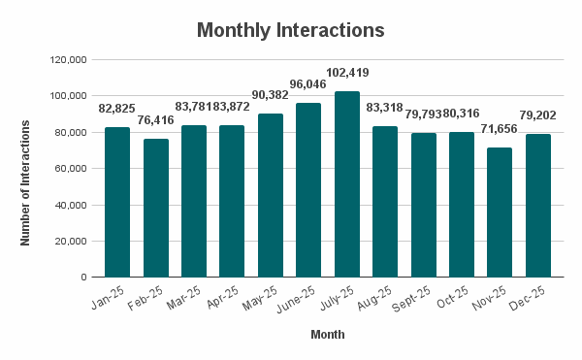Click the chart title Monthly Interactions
point(291,30)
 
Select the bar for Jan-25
point(116,202)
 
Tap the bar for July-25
point(346,184)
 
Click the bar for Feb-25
point(155,208)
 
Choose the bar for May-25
point(270,195)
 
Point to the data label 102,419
point(346,73)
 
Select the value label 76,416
point(155,119)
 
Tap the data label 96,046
point(308,84)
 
